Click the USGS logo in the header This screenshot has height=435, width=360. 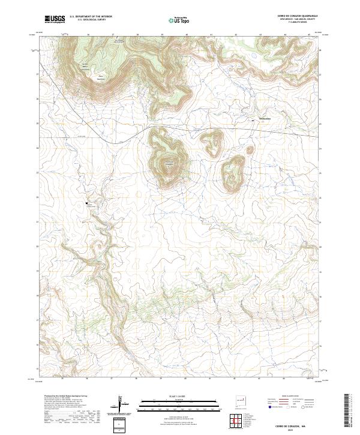point(55,19)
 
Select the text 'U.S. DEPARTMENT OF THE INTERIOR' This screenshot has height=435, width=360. point(91,17)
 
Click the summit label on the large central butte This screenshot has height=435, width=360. point(169,163)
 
